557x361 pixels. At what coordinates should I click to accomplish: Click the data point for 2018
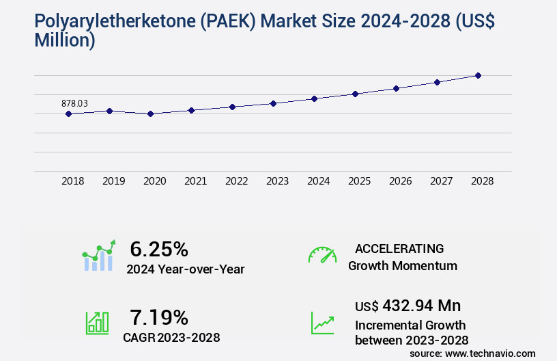(x=68, y=113)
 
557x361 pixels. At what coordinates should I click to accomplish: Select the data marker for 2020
(x=150, y=113)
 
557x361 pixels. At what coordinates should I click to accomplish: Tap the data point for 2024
(x=314, y=98)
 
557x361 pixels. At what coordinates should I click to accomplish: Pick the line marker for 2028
(x=478, y=75)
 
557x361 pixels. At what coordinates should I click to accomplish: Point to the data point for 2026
(x=396, y=88)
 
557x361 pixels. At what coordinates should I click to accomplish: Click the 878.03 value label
(x=74, y=103)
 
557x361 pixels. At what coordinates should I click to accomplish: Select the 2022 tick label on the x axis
(x=236, y=181)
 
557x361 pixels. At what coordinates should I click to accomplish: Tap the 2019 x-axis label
(x=113, y=181)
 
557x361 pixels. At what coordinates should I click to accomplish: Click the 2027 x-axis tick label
(x=441, y=181)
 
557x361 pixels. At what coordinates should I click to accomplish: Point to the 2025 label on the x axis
(x=359, y=181)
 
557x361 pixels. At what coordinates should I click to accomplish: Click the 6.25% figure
(x=159, y=249)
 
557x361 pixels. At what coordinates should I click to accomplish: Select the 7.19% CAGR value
(x=159, y=317)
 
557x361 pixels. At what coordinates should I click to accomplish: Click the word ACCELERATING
(x=399, y=249)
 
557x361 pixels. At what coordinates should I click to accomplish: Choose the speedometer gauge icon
(x=322, y=254)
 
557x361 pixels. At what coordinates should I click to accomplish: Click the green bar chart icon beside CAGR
(x=97, y=322)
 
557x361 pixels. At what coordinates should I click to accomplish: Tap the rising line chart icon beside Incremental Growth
(x=322, y=322)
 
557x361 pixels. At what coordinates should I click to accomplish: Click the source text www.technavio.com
(x=491, y=353)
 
